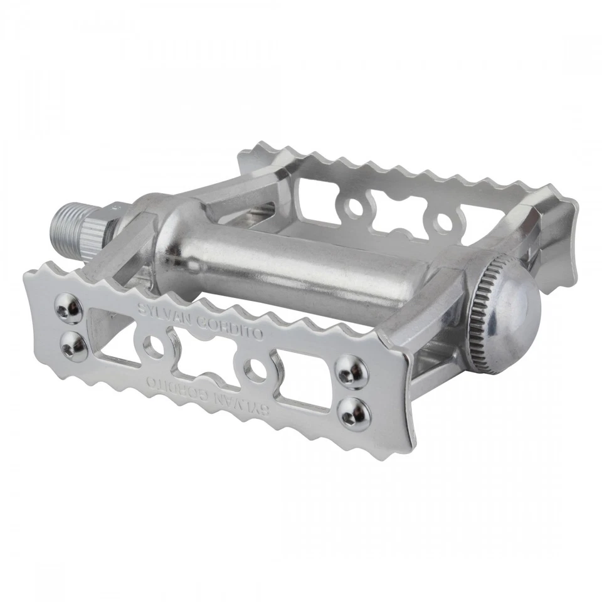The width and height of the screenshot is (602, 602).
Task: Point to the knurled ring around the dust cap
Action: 477,312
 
